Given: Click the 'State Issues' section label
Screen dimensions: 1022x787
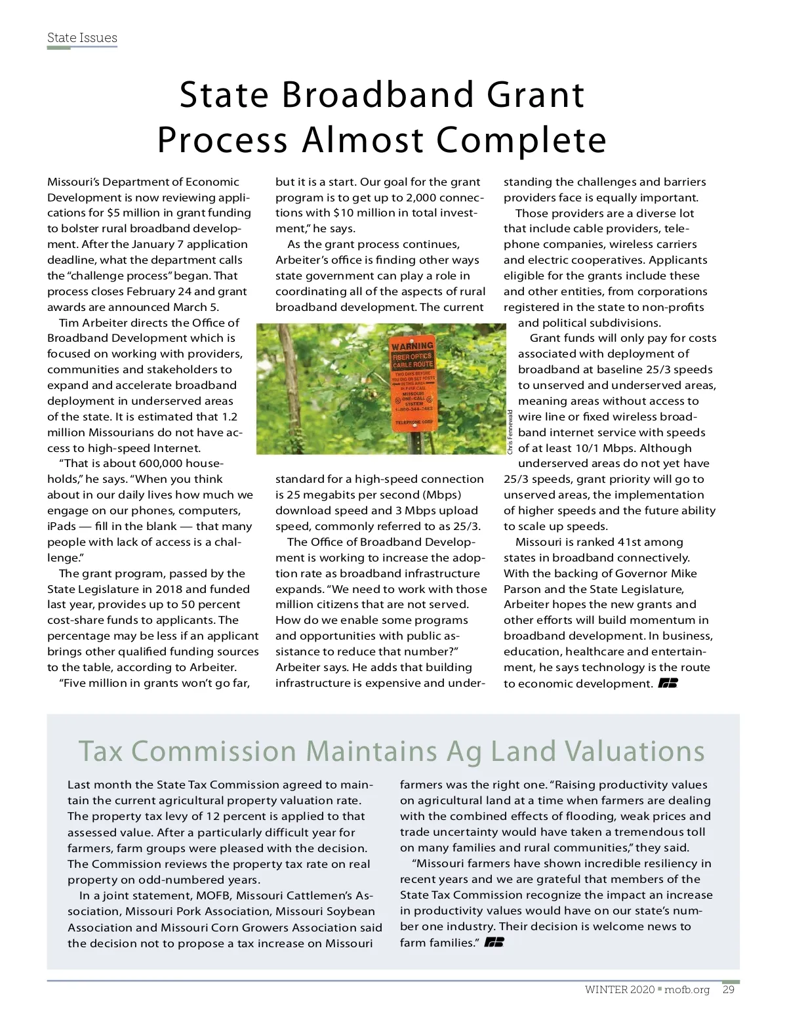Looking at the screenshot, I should click(82, 37).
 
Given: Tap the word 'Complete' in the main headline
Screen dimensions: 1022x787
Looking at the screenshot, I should click(521, 140).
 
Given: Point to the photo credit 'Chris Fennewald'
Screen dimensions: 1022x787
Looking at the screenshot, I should click(510, 431).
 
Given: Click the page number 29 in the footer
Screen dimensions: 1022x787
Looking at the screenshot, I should click(728, 990).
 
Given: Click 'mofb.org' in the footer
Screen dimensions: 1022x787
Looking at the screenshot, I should click(687, 990).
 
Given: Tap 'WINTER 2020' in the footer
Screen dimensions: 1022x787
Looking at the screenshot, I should click(619, 990).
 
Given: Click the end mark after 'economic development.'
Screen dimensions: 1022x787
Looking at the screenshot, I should click(668, 684).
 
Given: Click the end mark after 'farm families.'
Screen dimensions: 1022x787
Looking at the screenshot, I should click(494, 943).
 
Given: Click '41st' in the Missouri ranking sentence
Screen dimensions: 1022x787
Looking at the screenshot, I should click(632, 542).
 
